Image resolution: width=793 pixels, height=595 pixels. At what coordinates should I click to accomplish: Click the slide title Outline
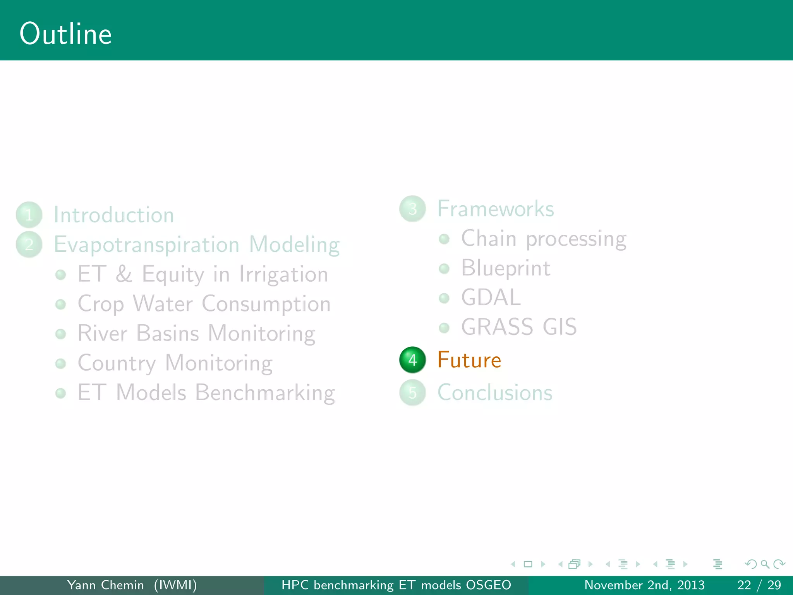coord(66,34)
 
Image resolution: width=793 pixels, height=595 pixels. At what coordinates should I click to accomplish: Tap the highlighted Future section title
coord(469,360)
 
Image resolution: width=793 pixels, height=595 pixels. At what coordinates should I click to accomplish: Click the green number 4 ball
coord(412,360)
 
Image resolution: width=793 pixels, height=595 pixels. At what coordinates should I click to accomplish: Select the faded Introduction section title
coord(114,215)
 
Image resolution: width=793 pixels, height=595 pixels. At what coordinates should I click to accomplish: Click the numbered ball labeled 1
coord(29,215)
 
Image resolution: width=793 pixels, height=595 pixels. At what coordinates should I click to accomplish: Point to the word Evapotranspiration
coord(146,244)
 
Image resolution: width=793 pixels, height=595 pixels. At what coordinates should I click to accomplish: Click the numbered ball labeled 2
coord(29,244)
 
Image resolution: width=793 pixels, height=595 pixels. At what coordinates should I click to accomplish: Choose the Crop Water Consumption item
coord(204,304)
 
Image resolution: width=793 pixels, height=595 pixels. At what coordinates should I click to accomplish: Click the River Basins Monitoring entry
coord(196,333)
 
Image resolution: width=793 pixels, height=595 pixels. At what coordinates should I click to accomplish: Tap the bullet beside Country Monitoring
coord(60,363)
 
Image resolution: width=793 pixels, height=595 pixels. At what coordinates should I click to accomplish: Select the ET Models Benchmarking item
coord(206,392)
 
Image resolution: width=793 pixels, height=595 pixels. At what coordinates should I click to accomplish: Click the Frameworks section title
coord(496,209)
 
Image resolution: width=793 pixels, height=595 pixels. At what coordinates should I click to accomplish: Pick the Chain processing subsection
coord(543,239)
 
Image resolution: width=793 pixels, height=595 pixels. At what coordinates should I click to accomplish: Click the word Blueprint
coord(506,268)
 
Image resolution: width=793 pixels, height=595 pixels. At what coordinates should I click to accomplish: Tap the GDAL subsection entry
coord(491,297)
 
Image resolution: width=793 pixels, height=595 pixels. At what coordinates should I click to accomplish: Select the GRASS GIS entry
coord(519,327)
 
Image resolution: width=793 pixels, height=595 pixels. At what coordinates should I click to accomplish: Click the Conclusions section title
coord(494,392)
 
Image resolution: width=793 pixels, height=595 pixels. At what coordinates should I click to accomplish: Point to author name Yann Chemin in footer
coord(105,585)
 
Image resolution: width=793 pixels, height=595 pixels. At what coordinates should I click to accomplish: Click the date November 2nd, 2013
coord(644,585)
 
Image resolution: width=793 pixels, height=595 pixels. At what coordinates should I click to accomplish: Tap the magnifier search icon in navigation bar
coord(765,564)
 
